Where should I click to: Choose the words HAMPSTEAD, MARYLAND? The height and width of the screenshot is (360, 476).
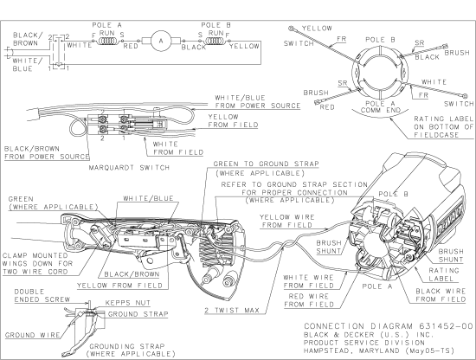tap(351, 349)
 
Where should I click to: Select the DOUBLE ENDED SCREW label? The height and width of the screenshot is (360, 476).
tap(30, 297)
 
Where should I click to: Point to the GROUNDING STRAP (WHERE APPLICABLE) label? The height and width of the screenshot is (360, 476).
tap(110, 350)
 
